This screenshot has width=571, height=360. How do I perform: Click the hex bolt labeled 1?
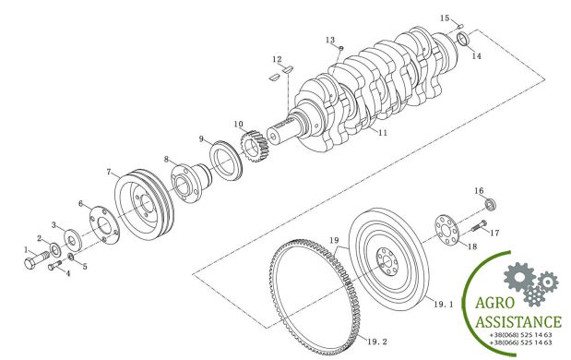(36, 259)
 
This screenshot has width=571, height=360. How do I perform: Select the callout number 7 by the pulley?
(109, 172)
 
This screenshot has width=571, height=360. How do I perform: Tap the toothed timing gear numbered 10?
(255, 146)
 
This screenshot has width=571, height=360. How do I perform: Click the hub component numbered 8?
(191, 182)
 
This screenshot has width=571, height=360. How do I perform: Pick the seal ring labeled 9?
(226, 161)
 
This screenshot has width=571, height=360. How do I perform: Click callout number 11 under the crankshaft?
(383, 133)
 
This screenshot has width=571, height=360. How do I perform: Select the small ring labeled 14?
(462, 39)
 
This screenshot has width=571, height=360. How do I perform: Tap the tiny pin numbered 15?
(460, 26)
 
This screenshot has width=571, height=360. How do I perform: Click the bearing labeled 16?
(491, 205)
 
